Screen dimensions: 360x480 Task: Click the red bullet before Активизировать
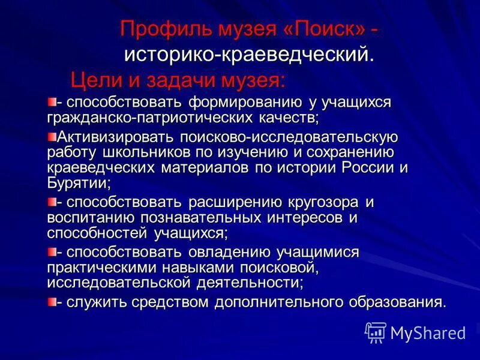coord(52,136)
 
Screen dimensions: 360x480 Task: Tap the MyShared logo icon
coord(375,332)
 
